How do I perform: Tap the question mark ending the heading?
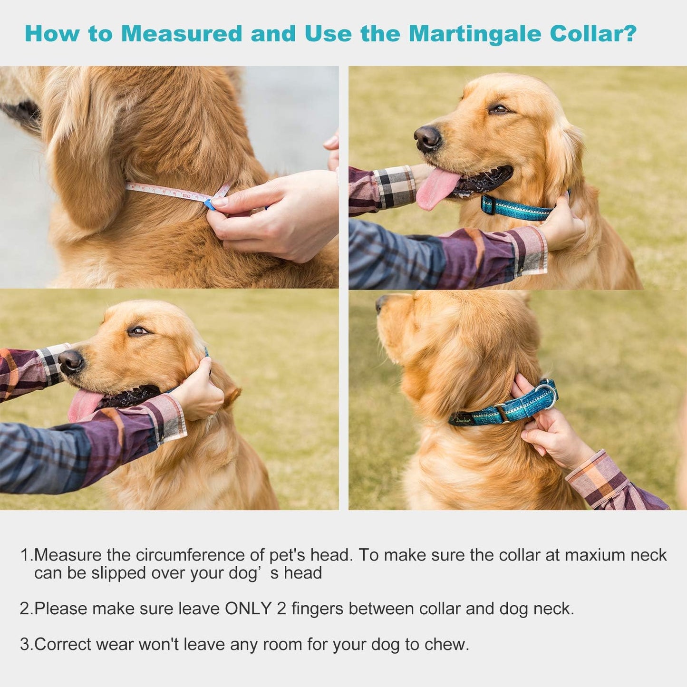pyautogui.click(x=630, y=33)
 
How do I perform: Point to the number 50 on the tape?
pyautogui.click(x=187, y=195)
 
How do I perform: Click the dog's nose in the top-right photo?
pyautogui.click(x=426, y=138)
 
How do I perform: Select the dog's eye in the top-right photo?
pyautogui.click(x=499, y=109)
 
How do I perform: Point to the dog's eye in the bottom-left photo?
pyautogui.click(x=138, y=331)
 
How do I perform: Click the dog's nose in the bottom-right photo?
pyautogui.click(x=380, y=303)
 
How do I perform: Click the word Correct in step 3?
pyautogui.click(x=63, y=645)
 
